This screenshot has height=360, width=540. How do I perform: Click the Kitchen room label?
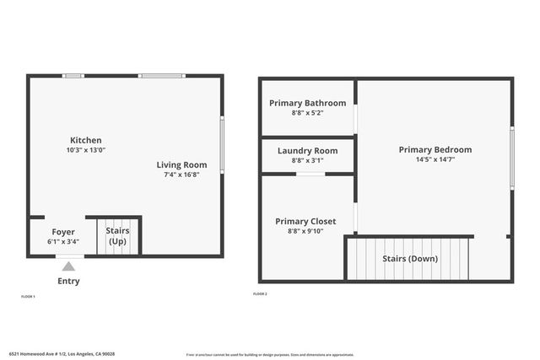coord(85,140)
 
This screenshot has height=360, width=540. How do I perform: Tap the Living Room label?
coord(181,164)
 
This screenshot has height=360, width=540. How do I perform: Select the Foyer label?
coord(63,232)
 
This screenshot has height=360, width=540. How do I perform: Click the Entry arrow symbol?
coord(68,266)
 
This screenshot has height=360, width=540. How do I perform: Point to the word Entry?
coord(68,281)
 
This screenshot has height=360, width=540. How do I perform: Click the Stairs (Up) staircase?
coord(116,236)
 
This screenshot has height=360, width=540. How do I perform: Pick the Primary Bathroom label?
coord(307,103)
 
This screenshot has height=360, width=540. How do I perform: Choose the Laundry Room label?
coord(307,150)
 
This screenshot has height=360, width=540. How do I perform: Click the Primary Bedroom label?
coord(435,149)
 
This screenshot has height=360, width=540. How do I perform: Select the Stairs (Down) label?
coord(410,258)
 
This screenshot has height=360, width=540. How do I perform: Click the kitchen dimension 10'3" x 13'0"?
coord(85,150)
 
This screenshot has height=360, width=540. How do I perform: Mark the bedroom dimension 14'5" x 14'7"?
coord(435,159)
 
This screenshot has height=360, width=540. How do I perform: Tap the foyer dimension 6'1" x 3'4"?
coord(63,242)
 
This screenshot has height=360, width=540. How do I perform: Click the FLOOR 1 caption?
coord(28,296)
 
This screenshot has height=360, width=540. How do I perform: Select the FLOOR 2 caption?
coord(260,293)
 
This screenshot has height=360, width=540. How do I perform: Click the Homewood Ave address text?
coord(62,353)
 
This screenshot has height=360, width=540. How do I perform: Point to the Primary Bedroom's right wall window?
coord(511,158)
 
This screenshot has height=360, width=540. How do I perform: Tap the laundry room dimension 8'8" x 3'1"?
coord(307,160)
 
